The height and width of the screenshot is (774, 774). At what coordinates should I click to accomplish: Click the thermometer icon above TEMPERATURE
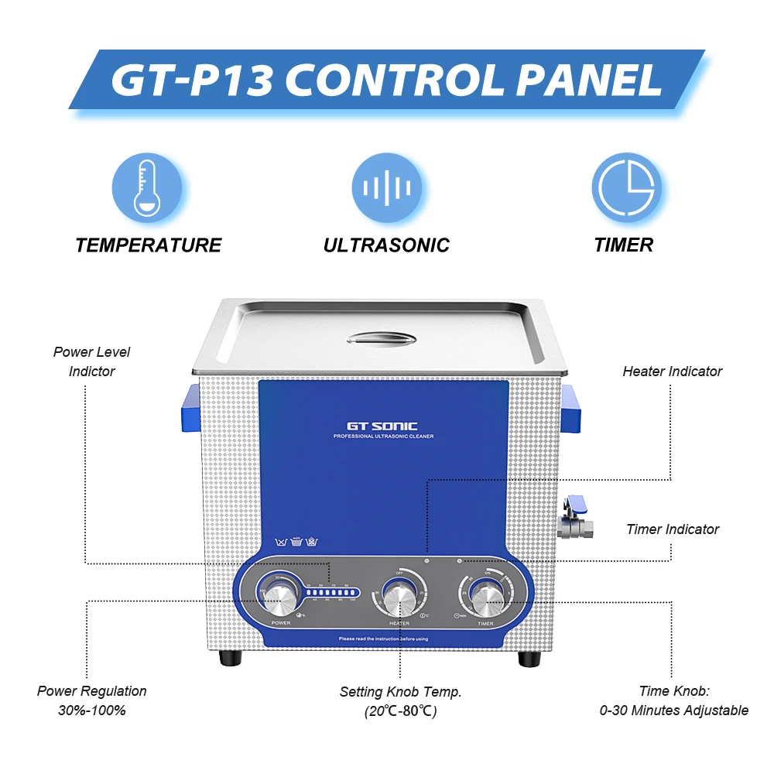click(148, 188)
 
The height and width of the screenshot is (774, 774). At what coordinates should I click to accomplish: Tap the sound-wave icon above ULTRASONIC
click(387, 188)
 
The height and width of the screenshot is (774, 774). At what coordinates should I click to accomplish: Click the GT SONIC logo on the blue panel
click(382, 426)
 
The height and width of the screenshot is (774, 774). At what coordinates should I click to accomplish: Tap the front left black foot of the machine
click(228, 659)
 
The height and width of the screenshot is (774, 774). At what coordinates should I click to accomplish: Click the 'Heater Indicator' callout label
click(672, 372)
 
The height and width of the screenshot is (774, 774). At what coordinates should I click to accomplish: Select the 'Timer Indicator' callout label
click(672, 529)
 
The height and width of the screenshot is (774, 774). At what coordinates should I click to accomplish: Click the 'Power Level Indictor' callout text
click(91, 361)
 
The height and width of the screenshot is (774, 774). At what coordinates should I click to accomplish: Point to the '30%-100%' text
click(91, 710)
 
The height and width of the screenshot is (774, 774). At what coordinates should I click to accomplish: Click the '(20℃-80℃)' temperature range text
click(400, 711)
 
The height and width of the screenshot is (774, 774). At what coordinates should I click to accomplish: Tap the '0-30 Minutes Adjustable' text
click(673, 710)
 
